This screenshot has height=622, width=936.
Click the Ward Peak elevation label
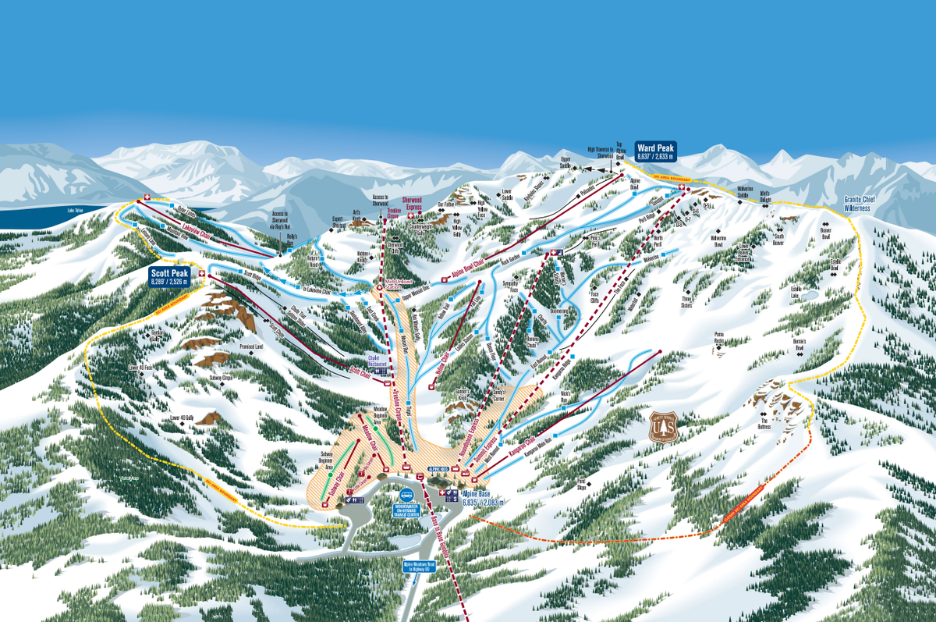pyautogui.click(x=655, y=151)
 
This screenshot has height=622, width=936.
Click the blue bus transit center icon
pyautogui.click(x=406, y=495)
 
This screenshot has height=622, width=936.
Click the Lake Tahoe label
pyautogui.click(x=76, y=210)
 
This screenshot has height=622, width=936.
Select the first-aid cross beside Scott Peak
pyautogui.click(x=202, y=273)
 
